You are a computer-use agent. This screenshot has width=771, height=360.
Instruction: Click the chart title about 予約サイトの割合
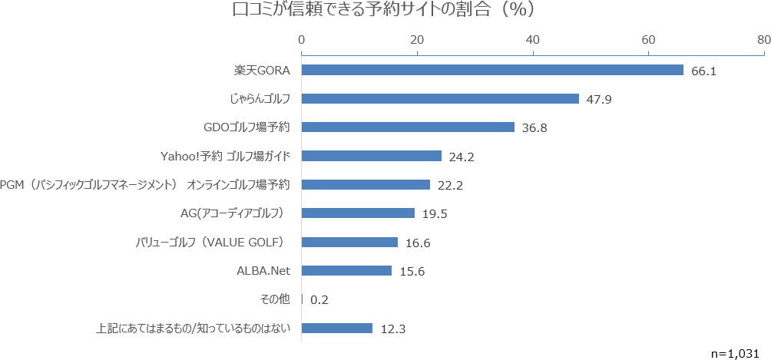pos(383,11)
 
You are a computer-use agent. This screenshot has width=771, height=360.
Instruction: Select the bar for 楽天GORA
pos(491,70)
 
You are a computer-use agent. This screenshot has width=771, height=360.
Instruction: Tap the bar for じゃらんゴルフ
pos(439,98)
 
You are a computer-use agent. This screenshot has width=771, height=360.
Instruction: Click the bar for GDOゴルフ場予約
pos(407,127)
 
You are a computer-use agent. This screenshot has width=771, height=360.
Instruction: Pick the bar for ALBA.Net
pos(346,271)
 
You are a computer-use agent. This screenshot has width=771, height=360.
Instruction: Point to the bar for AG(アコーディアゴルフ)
pos(357,213)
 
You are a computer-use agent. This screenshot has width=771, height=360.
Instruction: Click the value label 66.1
pos(703,71)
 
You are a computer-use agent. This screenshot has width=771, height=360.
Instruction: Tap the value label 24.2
pos(462,157)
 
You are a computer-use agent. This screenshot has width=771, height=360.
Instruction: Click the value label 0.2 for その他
pos(319,300)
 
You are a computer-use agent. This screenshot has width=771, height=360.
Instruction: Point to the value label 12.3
pos(392,329)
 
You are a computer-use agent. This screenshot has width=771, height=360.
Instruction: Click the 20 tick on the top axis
pos(417,39)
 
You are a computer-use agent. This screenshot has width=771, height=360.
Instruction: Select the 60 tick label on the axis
pos(648,39)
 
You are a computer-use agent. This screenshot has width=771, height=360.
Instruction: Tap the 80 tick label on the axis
pos(763,39)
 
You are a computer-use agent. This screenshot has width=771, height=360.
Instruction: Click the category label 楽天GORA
pos(263,70)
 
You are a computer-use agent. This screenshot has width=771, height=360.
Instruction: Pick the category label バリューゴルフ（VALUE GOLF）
pos(209,243)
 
